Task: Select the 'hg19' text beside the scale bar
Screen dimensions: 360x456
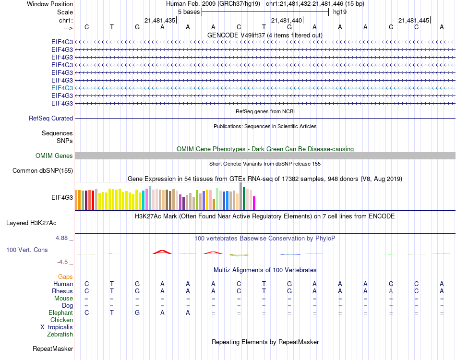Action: tap(340, 12)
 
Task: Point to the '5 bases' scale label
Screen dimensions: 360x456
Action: tap(189, 12)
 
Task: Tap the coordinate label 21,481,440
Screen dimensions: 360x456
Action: tap(287, 20)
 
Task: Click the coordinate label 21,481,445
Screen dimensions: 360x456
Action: tap(413, 20)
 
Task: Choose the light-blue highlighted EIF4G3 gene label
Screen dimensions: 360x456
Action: tap(62, 88)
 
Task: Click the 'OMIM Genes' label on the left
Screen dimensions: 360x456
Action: tap(54, 156)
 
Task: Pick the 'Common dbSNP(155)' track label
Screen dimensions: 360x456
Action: tap(43, 170)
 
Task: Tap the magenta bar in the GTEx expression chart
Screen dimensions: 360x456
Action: tap(254, 203)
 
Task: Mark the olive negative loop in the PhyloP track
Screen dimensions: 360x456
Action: tap(239, 254)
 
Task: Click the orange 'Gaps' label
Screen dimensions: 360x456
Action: tap(65, 276)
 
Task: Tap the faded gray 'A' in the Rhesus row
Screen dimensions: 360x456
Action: tap(391, 291)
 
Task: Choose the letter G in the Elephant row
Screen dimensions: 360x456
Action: tap(137, 312)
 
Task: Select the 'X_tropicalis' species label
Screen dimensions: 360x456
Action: tap(57, 327)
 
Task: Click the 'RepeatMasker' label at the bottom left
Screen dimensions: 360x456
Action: tap(53, 348)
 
